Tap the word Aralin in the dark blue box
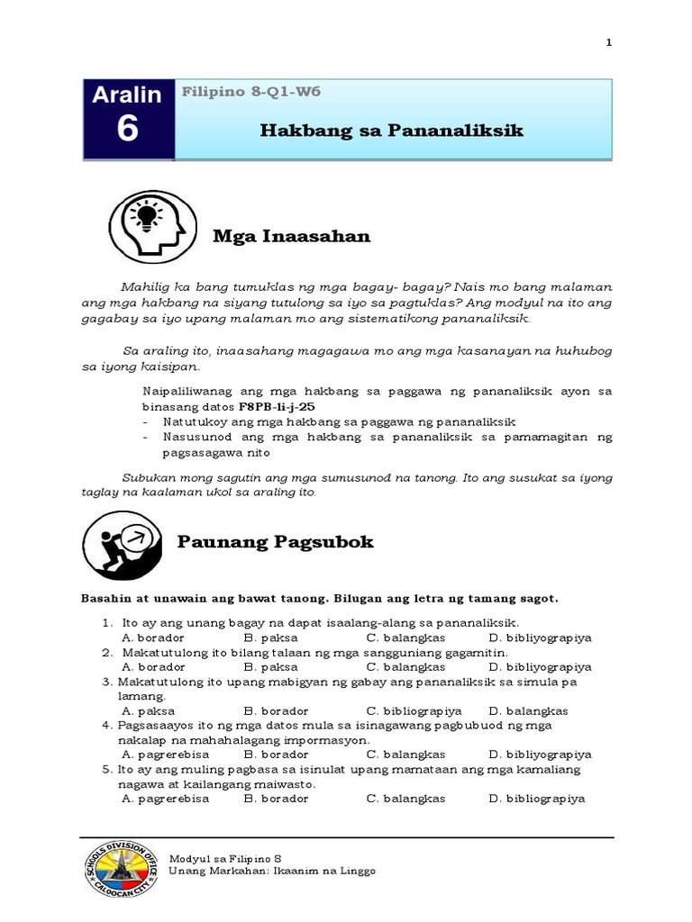(127, 95)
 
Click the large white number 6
(127, 130)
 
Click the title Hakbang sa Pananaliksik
(391, 131)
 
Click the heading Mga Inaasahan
(291, 237)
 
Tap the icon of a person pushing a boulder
(122, 544)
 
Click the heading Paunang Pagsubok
(275, 542)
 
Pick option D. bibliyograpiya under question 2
(540, 666)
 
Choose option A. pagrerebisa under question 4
(165, 755)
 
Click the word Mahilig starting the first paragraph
(142, 286)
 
